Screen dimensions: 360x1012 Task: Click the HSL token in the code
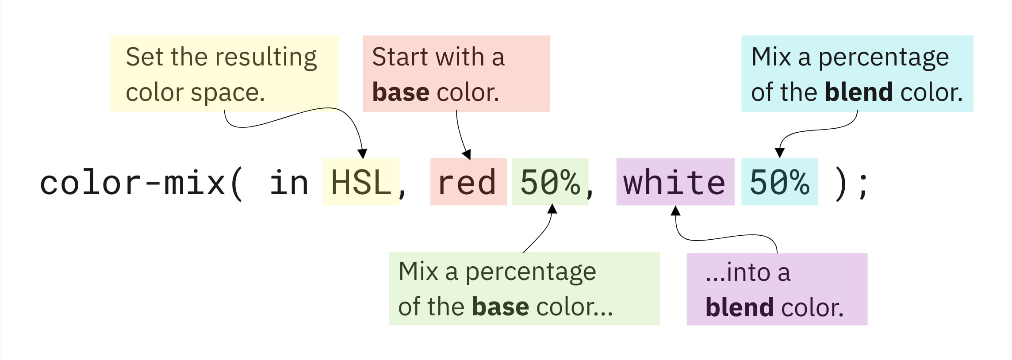coord(361,182)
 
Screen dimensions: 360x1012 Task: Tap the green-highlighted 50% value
coord(550,182)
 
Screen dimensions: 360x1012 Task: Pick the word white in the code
coord(675,182)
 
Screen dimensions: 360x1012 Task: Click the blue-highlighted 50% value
coord(779,182)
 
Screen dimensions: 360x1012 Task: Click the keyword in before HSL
coord(289,182)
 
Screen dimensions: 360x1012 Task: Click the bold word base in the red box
coord(401,92)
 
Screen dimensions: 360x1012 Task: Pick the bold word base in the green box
coord(500,307)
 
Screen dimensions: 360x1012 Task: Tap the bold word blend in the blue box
coord(859,92)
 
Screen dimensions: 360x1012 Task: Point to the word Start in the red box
coord(401,57)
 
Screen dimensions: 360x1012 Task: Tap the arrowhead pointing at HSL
coord(362,154)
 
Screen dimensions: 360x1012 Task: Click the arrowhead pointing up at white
coord(675,211)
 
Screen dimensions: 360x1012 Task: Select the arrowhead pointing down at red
coord(467,154)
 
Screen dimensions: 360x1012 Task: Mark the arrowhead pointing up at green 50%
coord(552,209)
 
